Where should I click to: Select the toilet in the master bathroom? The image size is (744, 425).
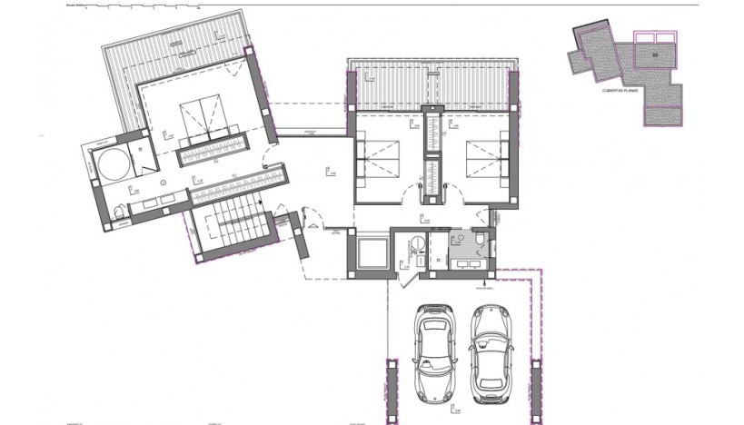[123, 212]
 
